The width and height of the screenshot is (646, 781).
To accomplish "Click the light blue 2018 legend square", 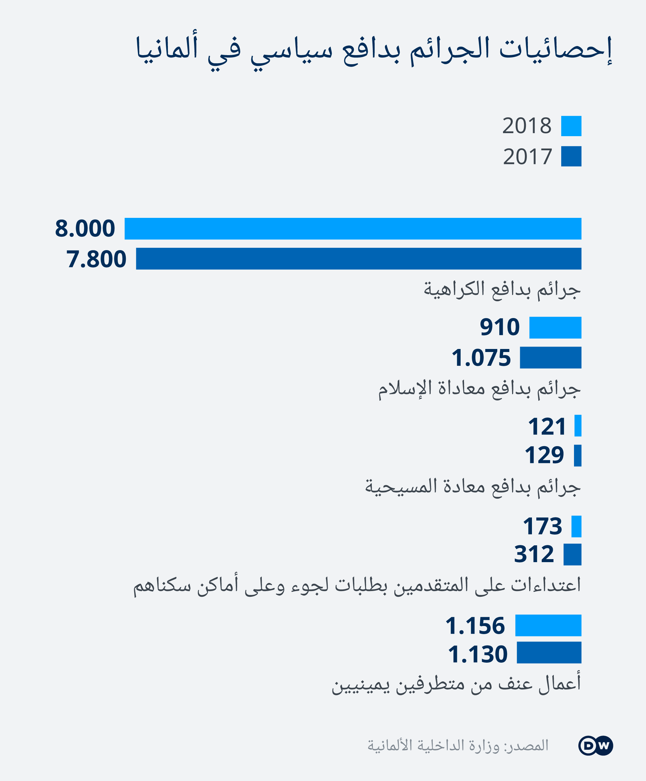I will [x=571, y=126].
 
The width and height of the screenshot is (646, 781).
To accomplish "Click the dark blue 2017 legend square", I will [x=571, y=156].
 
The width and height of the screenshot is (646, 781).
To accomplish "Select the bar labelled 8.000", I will [x=353, y=229].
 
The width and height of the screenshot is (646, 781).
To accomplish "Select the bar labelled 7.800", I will [x=358, y=259].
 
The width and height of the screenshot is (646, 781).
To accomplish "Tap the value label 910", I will [x=499, y=327].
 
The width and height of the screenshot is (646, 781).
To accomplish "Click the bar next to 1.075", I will [x=550, y=358].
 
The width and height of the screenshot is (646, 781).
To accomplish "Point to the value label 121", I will [x=547, y=426].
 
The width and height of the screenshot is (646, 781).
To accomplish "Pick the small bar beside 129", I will [x=577, y=456].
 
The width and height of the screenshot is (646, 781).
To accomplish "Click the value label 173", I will [x=542, y=526].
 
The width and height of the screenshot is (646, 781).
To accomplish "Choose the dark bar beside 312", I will [x=572, y=554].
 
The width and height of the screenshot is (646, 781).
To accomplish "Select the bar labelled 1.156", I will [x=548, y=626].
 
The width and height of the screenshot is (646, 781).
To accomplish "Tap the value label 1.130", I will [x=477, y=655].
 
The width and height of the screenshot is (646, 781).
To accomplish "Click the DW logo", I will [x=596, y=746].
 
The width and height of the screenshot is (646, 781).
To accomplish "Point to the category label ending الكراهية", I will [x=502, y=290].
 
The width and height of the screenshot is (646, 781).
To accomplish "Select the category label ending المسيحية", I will [x=473, y=487].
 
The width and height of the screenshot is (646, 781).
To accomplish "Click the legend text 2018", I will [x=527, y=126].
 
